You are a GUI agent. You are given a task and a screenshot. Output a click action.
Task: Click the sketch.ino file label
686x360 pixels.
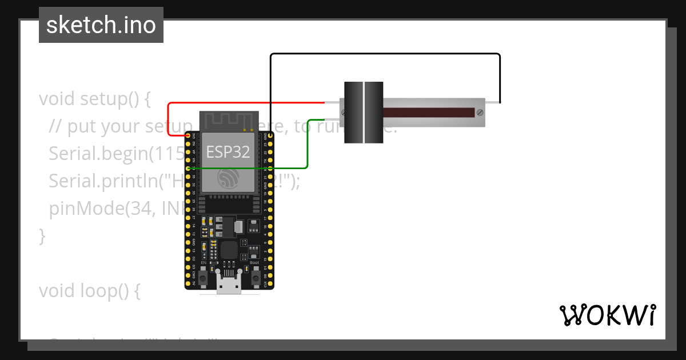101,25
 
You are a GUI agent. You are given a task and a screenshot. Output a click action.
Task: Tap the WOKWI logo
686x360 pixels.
607,315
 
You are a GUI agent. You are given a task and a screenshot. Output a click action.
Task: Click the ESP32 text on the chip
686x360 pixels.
228,151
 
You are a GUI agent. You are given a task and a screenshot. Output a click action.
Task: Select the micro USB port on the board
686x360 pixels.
229,284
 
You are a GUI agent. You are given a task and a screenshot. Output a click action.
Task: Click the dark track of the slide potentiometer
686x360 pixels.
429,113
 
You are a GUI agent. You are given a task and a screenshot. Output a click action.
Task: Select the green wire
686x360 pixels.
308,143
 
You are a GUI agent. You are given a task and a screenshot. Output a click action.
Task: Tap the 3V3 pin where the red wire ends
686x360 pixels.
189,136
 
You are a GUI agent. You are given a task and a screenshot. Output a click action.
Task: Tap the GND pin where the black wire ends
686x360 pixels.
270,136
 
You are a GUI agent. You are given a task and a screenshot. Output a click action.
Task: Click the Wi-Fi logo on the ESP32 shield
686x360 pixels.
229,179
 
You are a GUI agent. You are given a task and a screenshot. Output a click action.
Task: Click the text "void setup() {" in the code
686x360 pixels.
94,98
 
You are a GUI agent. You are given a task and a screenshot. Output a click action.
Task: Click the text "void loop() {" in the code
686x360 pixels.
89,291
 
